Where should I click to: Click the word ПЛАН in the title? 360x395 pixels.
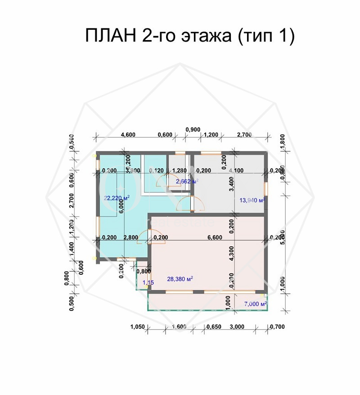pos(111,36)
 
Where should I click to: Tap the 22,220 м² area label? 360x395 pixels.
pos(117,198)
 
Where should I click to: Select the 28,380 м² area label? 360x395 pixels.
pos(180,279)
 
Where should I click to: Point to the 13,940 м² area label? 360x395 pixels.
pos(252,200)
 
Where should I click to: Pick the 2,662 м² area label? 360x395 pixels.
pos(187,182)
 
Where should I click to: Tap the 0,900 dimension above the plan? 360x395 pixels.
pos(193,130)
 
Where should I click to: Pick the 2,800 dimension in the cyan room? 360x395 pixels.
pos(130,237)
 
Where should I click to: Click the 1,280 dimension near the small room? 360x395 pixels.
pos(180,171)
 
